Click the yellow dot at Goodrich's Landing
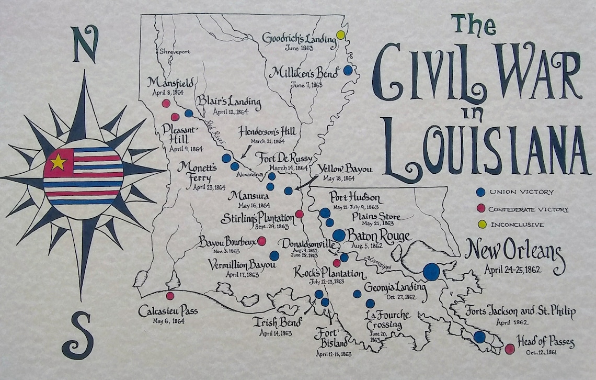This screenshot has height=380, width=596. coord(340,35)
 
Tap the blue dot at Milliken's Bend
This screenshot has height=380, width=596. coord(348,70)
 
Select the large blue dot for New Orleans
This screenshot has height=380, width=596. coord(431,271)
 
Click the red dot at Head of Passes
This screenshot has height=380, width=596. coord(510,349)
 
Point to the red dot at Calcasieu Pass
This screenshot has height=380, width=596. coord(170,296)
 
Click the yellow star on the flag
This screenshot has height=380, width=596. coord(58,162)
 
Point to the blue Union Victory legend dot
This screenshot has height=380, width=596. coord(482,192)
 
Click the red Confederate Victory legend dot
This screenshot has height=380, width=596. coord(482,209)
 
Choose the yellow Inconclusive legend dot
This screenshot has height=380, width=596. coord(482,225)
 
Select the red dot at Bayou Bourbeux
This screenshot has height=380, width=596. coord(262,241)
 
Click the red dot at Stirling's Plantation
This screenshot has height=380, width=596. coord(300,214)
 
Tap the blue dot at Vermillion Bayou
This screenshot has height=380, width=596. coord(274,255)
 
